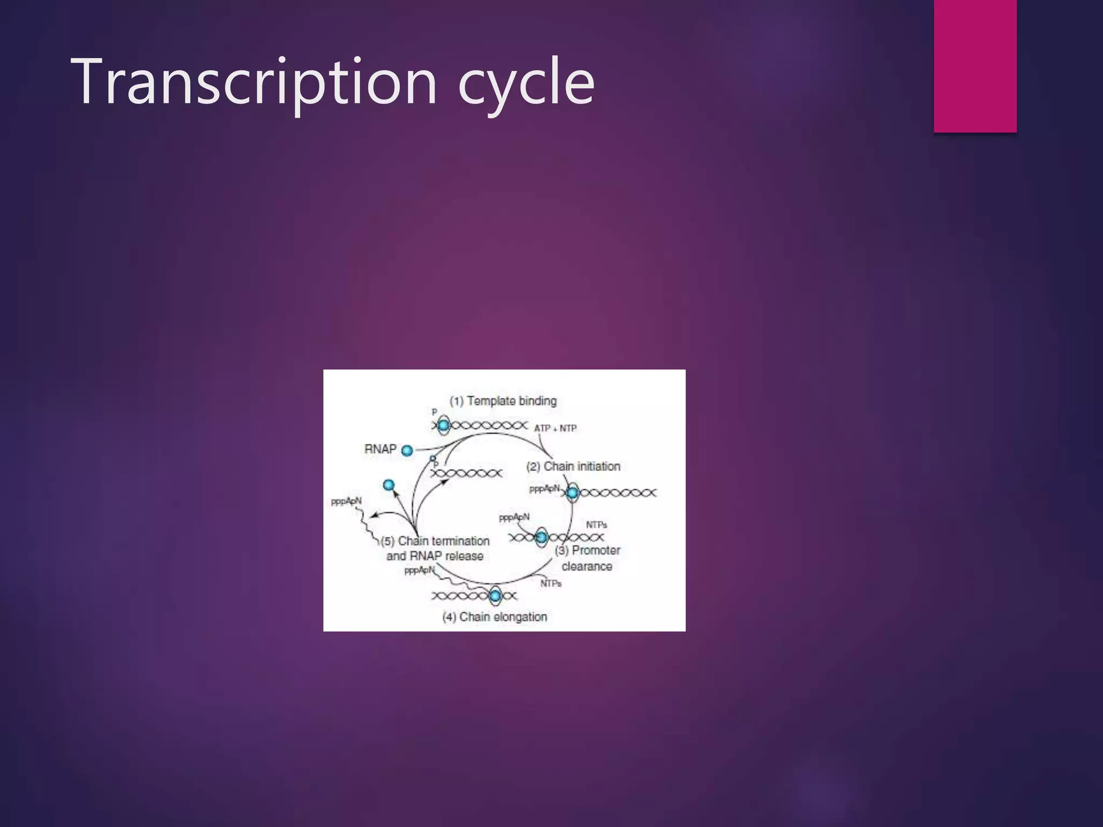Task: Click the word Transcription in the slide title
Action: [253, 82]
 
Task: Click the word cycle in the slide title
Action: [526, 82]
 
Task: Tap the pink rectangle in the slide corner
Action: [975, 66]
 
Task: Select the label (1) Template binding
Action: [503, 401]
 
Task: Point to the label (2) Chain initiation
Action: [573, 466]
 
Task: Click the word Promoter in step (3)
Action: [596, 550]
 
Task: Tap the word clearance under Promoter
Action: [587, 566]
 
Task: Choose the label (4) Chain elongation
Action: [494, 617]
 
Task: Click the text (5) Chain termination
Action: [435, 541]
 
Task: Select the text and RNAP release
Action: [435, 556]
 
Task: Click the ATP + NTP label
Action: [555, 429]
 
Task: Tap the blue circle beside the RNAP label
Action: [407, 451]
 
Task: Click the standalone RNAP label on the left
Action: [380, 449]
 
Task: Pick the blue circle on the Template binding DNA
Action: [443, 426]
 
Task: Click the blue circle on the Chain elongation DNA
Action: [495, 595]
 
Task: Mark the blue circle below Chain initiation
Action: [573, 493]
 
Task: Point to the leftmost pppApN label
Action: [346, 501]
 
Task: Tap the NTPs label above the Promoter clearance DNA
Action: [596, 525]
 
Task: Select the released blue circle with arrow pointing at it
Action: [389, 485]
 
